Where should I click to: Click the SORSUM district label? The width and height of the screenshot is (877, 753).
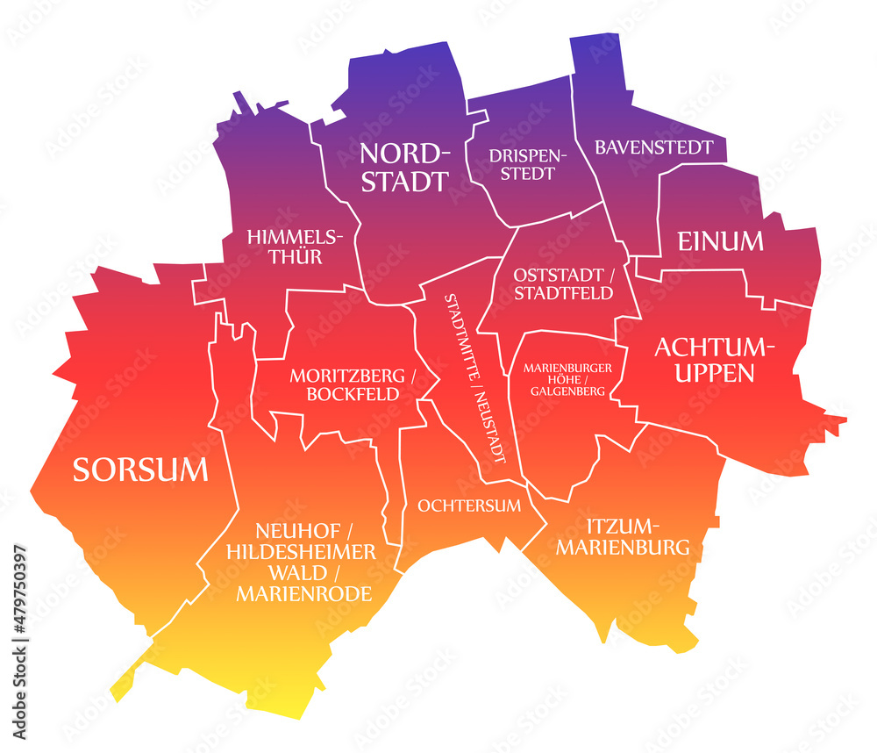(140, 470)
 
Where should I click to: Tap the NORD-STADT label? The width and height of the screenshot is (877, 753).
(404, 168)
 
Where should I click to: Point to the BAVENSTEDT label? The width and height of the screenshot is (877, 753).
(654, 147)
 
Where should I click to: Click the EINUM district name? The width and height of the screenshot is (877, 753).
(720, 240)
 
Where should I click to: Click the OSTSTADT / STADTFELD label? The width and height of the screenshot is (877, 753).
(564, 283)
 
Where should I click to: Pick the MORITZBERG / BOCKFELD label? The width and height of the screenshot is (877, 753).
(353, 384)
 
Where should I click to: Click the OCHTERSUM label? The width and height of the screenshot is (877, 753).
(469, 506)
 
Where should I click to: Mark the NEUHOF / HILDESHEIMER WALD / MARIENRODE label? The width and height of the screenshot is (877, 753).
(302, 562)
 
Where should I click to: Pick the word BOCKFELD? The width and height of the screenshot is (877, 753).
(353, 394)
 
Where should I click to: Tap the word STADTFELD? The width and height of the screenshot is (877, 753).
(564, 293)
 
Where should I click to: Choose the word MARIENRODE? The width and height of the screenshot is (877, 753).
(303, 594)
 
